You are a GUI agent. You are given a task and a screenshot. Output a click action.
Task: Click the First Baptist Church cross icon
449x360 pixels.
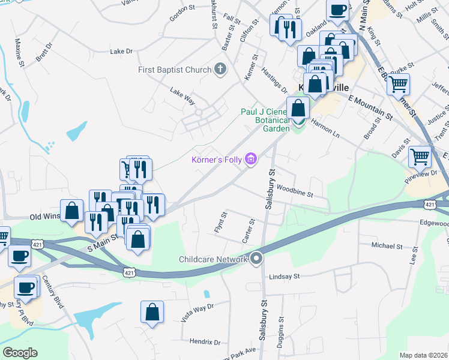pyautogui.click(x=220, y=70)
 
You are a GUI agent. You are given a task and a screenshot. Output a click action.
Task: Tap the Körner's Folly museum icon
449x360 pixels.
pyautogui.click(x=252, y=159)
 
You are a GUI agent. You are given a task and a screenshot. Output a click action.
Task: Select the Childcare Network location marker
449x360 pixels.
pyautogui.click(x=256, y=259)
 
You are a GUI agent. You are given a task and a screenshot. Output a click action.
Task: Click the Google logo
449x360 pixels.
pyautogui.click(x=20, y=353)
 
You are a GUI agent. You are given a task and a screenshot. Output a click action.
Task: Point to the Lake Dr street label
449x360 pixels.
pyautogui.click(x=121, y=52)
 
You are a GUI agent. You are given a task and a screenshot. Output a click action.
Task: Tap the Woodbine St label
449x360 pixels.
pyautogui.click(x=295, y=194)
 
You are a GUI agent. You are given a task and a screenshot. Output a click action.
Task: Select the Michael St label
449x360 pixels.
pyautogui.click(x=387, y=246)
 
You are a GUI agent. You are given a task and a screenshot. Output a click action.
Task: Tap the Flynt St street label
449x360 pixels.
pyautogui.click(x=220, y=223)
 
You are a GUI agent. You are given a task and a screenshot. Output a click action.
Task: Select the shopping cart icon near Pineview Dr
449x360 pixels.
pyautogui.click(x=420, y=157)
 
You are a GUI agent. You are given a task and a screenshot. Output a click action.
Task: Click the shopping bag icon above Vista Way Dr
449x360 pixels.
pyautogui.click(x=152, y=311)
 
